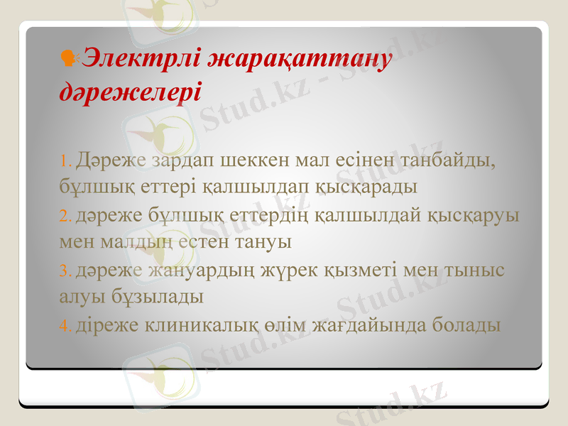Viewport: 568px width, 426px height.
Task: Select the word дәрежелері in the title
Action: click(129, 92)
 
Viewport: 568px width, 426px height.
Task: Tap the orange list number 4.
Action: click(65, 327)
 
